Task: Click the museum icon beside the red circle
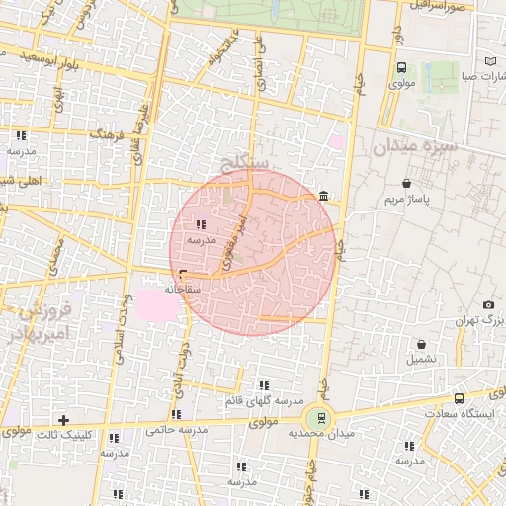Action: tap(325, 199)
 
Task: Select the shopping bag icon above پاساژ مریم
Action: tap(407, 183)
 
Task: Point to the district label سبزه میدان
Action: tap(416, 148)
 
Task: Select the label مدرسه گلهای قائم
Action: tap(264, 401)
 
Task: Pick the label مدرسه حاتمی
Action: tap(175, 431)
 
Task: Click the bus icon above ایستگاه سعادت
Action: tap(459, 398)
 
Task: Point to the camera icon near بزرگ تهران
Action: tap(488, 305)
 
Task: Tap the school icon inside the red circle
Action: tap(202, 225)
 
